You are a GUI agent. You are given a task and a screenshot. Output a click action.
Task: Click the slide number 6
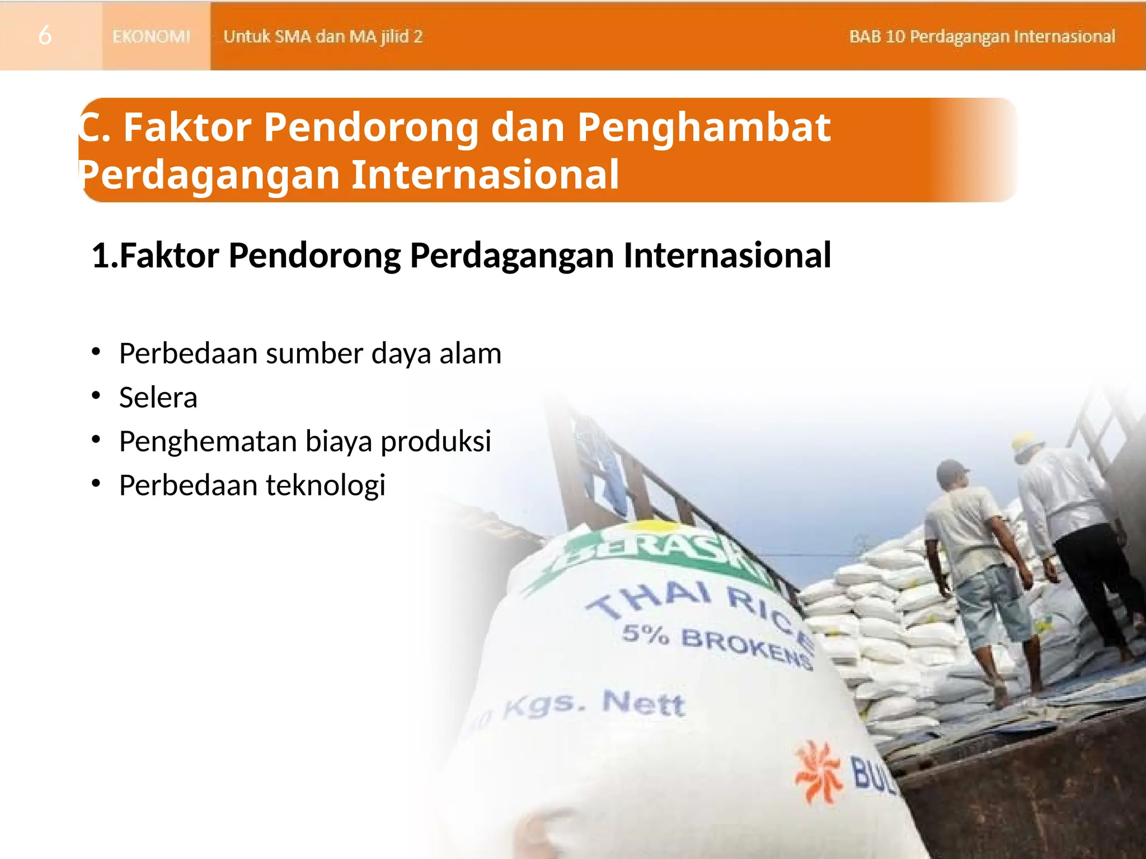45,36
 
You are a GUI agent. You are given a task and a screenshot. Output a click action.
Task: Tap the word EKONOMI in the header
151,36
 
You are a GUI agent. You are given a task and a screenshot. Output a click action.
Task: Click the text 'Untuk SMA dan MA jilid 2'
323,36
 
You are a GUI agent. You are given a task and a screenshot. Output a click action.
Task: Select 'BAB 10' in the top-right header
876,36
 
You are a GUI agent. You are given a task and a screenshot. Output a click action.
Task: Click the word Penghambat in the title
703,128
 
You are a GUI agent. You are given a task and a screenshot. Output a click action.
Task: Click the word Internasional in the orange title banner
485,174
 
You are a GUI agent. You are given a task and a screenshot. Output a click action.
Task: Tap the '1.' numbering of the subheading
105,256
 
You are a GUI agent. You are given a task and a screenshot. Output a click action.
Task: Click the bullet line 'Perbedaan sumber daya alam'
309,353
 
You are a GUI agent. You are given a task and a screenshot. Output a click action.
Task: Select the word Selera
158,398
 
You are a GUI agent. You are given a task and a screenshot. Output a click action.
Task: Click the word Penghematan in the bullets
208,441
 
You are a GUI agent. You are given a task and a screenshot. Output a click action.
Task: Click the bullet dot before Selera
96,396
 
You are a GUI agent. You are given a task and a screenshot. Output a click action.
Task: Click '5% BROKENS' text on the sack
716,646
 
